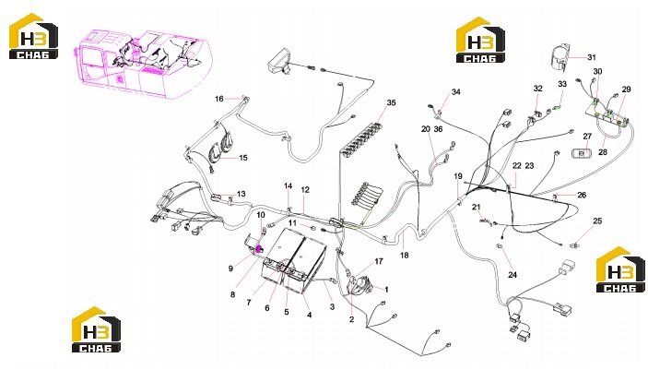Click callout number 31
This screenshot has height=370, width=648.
click(592, 57)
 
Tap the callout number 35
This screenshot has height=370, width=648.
click(391, 102)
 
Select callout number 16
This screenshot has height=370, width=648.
click(219, 99)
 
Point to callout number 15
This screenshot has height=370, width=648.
click(243, 158)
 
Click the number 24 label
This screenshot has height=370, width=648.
click(513, 275)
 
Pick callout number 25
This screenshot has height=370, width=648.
click(597, 221)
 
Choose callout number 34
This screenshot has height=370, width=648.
click(455, 92)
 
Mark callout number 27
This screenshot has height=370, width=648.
click(587, 137)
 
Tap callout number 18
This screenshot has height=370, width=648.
click(404, 256)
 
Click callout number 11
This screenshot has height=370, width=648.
click(292, 222)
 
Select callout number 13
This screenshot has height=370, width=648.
click(241, 194)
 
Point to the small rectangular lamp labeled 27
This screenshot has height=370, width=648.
click(581, 153)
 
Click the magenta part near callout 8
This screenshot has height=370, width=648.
click(260, 249)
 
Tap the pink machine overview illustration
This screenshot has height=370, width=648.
click(144, 64)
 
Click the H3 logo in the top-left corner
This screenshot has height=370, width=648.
click(33, 36)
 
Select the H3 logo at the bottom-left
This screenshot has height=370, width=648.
click(96, 329)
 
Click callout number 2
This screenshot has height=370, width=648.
click(352, 319)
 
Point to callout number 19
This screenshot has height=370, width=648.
click(458, 176)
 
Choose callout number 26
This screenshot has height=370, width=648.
click(582, 195)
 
